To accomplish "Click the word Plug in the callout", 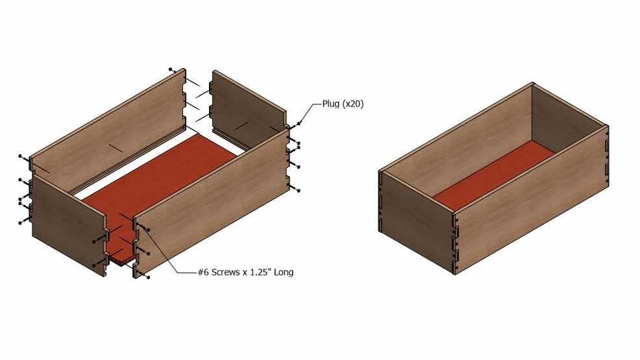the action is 330,104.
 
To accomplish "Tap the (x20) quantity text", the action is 352,104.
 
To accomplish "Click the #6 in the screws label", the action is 203,272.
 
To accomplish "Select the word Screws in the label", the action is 225,272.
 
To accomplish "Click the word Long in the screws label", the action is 284,272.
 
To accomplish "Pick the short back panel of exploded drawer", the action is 249,108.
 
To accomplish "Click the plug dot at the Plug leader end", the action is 299,123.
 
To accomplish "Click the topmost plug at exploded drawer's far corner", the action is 171,69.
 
